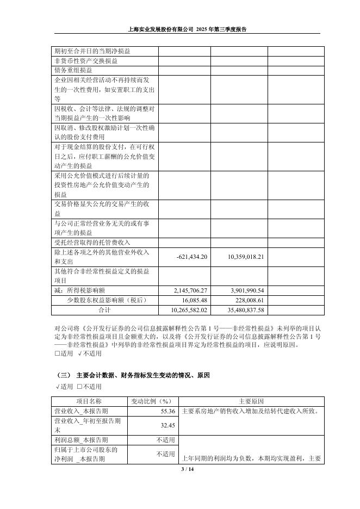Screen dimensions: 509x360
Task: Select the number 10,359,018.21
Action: (245, 257)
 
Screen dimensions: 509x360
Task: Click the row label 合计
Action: (104, 310)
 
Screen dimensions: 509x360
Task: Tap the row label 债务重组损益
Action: (73, 70)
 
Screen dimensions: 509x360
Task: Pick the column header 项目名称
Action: (89, 402)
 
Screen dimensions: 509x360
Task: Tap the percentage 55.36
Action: (168, 411)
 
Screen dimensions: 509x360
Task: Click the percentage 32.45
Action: (168, 425)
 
